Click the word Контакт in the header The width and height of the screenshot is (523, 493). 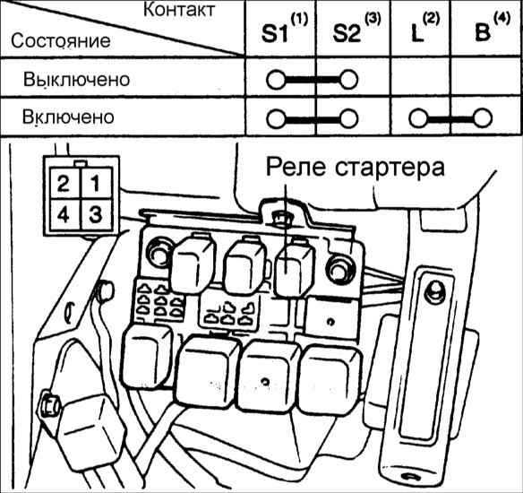tap(179, 10)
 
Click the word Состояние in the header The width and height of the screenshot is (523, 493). tap(61, 41)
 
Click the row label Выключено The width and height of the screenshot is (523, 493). tap(76, 80)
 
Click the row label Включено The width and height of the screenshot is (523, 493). tap(68, 117)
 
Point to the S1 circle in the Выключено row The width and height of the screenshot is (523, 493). tap(276, 80)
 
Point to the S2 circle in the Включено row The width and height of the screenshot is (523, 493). tap(349, 119)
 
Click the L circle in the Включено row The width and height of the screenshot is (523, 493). tap(418, 118)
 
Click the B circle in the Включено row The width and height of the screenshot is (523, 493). tap(483, 118)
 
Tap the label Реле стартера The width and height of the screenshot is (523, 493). tap(356, 167)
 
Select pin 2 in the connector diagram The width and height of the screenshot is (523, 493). tap(64, 183)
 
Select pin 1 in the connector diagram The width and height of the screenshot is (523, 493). tap(97, 183)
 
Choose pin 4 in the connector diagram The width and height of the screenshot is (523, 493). tap(64, 214)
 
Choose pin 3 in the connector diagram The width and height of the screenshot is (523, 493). tap(97, 214)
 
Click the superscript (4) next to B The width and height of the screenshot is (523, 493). tap(502, 19)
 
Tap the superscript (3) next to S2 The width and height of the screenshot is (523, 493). tap(373, 20)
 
